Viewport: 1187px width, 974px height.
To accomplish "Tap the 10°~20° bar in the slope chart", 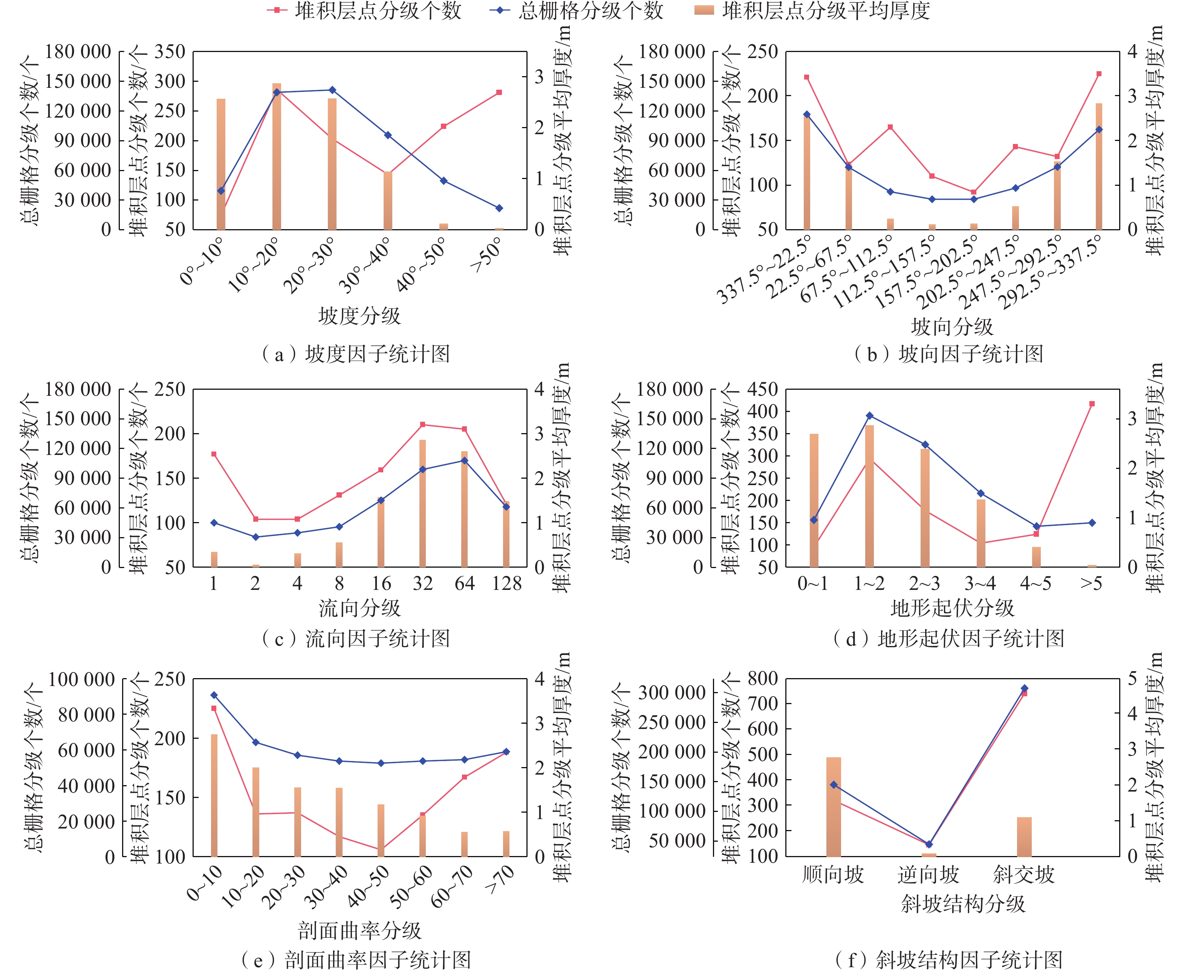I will pos(277,157).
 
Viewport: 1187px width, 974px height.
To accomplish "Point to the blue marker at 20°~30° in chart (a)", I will pos(332,90).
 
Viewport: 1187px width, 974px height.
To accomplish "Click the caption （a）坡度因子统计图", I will pos(356,354).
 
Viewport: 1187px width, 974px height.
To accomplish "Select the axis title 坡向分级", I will pos(951,326).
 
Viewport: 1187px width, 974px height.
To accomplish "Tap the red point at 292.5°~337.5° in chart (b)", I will pos(1099,74).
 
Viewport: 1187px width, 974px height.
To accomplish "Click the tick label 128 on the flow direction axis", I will pos(506,584).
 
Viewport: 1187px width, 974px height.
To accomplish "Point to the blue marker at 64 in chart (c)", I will pos(465,461).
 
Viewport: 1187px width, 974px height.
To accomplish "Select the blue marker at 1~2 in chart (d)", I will pos(869,416).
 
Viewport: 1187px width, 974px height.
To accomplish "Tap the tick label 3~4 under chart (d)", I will pos(980,584).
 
